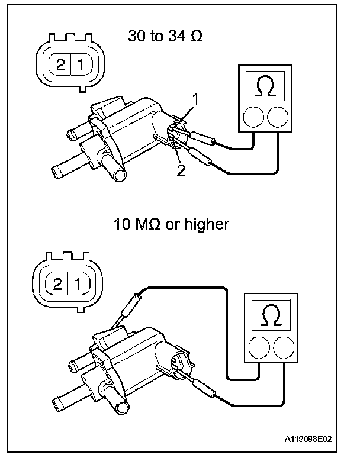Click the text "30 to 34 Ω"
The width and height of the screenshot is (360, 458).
[165, 36]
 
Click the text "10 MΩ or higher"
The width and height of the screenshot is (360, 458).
[171, 224]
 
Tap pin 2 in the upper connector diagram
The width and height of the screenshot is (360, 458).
[60, 64]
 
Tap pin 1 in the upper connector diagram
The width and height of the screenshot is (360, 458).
[81, 64]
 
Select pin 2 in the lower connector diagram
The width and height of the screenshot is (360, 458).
[57, 283]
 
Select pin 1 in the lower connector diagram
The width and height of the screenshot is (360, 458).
[78, 283]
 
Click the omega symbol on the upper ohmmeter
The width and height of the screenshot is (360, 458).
[265, 86]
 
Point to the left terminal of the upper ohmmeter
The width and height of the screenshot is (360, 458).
[253, 117]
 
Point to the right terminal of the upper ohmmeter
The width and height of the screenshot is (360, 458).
[278, 117]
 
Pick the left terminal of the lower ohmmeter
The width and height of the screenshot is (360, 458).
[259, 347]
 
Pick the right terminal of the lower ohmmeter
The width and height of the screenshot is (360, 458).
[284, 347]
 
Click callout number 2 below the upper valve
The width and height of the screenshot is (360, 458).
[181, 170]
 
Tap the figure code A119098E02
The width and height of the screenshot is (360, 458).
[308, 439]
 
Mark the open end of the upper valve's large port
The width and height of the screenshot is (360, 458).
[120, 176]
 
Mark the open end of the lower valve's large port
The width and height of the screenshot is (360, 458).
[123, 408]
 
